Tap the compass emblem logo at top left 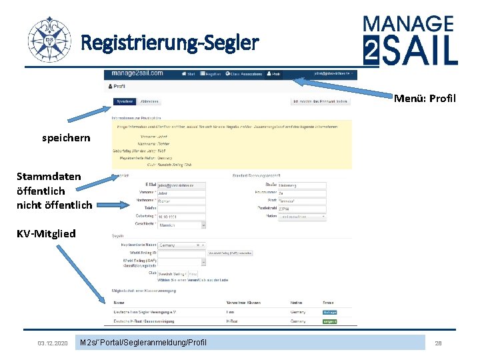pyautogui.click(x=49, y=40)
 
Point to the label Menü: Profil pyautogui.click(x=425, y=99)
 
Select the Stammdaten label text pyautogui.click(x=49, y=177)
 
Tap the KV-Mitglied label pyautogui.click(x=46, y=233)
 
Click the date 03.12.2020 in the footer pyautogui.click(x=53, y=343)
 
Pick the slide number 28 pyautogui.click(x=438, y=343)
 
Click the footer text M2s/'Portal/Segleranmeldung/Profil pyautogui.click(x=143, y=343)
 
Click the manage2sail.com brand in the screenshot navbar pyautogui.click(x=138, y=73)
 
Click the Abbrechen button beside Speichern pyautogui.click(x=149, y=101)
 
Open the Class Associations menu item pyautogui.click(x=244, y=74)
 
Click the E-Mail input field pyautogui.click(x=181, y=185)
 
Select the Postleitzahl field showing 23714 pyautogui.click(x=301, y=209)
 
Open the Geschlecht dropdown pyautogui.click(x=181, y=225)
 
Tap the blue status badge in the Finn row pyautogui.click(x=330, y=311)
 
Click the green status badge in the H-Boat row pyautogui.click(x=330, y=321)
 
